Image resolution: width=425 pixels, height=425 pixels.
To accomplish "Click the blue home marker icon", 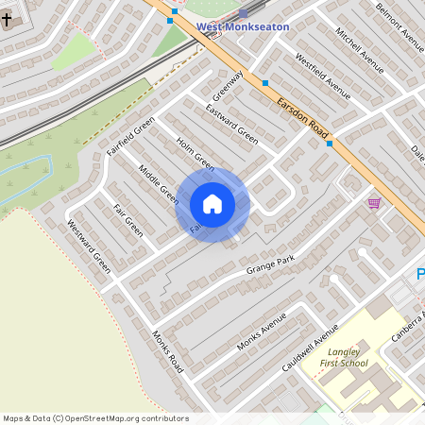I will [212, 203].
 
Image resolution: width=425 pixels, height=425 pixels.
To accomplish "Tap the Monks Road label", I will [166, 350].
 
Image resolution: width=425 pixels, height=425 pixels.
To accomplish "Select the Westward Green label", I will [88, 246].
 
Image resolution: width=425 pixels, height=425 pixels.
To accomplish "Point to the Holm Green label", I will [195, 155].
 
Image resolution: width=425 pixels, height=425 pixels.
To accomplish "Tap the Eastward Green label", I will [232, 121].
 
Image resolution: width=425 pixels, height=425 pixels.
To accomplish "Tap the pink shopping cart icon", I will [374, 202].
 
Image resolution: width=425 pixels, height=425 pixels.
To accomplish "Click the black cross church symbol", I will [8, 18].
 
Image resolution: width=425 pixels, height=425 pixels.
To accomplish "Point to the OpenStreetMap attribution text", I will [95, 418].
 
